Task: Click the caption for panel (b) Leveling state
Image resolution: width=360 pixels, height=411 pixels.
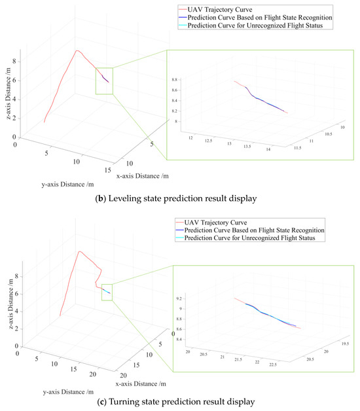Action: [x=180, y=196]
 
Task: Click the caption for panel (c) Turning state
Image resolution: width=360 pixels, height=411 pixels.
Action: [x=180, y=401]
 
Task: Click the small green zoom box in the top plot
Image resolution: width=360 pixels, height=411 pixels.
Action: [x=104, y=80]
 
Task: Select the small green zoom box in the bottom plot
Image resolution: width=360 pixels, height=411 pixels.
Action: [x=107, y=291]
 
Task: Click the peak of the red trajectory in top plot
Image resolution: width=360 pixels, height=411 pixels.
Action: [x=77, y=50]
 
